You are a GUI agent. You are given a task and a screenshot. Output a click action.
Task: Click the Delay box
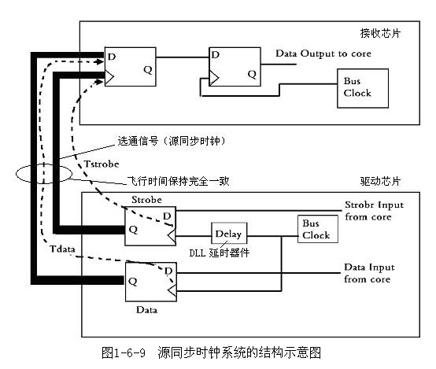(x=229, y=234)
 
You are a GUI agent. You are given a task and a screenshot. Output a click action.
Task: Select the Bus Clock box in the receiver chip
(x=363, y=88)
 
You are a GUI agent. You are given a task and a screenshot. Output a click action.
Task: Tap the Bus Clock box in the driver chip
(x=318, y=229)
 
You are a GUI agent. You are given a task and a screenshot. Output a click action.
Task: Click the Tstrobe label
(x=102, y=164)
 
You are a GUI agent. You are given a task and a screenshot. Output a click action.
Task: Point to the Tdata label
(x=62, y=249)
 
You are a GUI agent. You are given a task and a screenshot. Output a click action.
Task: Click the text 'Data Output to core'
(x=323, y=54)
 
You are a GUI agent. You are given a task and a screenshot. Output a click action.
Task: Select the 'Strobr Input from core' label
(x=374, y=211)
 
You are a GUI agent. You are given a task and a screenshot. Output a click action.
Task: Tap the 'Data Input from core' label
(x=369, y=273)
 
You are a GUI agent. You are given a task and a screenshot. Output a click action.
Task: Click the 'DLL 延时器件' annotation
(x=219, y=253)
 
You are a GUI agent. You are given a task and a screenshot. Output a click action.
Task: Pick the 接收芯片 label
(x=380, y=33)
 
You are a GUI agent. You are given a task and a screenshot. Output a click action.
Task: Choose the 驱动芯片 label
(x=380, y=181)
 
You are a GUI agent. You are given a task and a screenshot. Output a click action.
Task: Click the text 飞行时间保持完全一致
(x=178, y=181)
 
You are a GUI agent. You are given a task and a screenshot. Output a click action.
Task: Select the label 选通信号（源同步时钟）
(x=172, y=141)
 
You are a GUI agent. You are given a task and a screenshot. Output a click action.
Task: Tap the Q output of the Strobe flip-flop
(x=133, y=230)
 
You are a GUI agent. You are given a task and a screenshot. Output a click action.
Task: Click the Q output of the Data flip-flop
(x=133, y=282)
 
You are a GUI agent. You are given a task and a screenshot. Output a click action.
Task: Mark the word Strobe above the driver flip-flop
(x=146, y=200)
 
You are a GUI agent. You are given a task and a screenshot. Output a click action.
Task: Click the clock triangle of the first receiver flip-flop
(x=109, y=77)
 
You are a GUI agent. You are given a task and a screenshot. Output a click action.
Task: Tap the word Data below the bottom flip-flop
(x=146, y=310)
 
